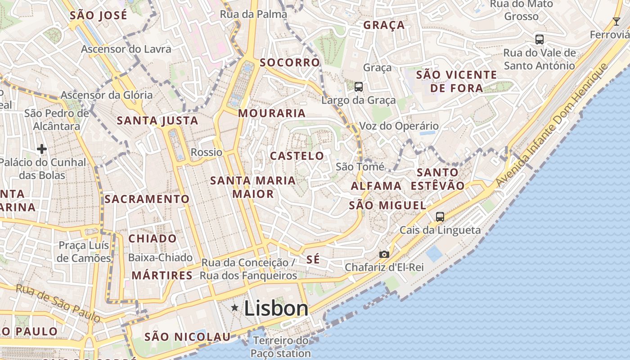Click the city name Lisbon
(x=276, y=308)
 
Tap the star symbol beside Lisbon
(x=234, y=308)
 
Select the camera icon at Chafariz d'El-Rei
(x=384, y=254)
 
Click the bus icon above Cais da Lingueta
(x=440, y=216)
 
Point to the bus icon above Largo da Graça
(x=358, y=86)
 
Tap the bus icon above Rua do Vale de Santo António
(x=540, y=39)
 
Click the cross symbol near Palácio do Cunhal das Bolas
(x=42, y=148)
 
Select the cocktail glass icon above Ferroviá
(x=616, y=21)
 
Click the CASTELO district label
(x=297, y=156)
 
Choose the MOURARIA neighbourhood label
(x=272, y=113)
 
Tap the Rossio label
(x=207, y=152)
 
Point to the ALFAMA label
(x=376, y=186)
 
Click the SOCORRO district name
(x=290, y=62)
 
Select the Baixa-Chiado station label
(x=160, y=258)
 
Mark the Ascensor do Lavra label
(x=126, y=49)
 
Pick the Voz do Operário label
(x=399, y=126)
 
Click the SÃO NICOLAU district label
(x=187, y=337)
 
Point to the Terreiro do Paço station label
(x=281, y=346)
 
